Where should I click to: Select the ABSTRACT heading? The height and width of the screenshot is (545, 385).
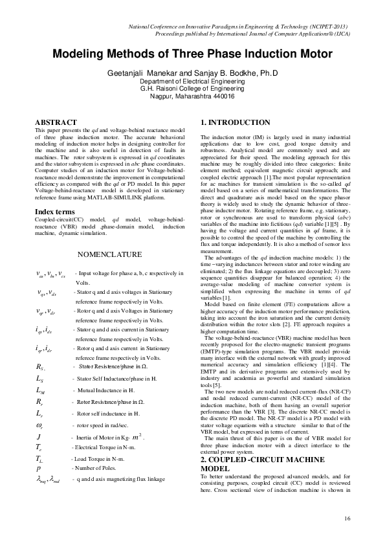[x=54, y=122]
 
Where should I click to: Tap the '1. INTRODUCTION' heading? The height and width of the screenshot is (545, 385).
[x=236, y=122]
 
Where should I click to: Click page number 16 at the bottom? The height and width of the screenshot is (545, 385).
[x=348, y=518]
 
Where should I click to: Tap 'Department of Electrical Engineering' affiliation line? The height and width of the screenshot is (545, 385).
[x=192, y=82]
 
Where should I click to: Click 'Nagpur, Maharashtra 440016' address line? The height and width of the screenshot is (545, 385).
[x=192, y=96]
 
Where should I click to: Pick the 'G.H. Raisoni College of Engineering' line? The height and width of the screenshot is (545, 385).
[x=192, y=89]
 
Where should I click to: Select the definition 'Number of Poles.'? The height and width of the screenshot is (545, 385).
[x=94, y=449]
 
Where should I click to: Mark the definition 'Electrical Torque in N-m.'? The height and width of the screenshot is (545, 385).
[x=105, y=429]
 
